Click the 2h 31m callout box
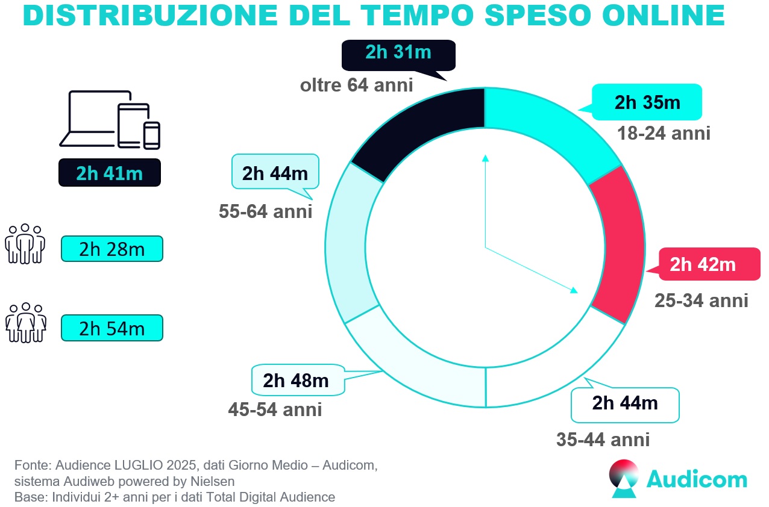[x=398, y=53]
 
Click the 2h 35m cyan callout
[x=647, y=102]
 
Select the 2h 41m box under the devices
[x=109, y=173]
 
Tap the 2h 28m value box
[x=112, y=249]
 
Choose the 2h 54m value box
[x=112, y=328]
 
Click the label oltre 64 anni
[x=356, y=85]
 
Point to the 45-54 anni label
[x=275, y=410]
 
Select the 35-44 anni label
[x=603, y=440]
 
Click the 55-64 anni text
[x=266, y=211]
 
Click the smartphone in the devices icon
[x=152, y=135]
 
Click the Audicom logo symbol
[x=624, y=479]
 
